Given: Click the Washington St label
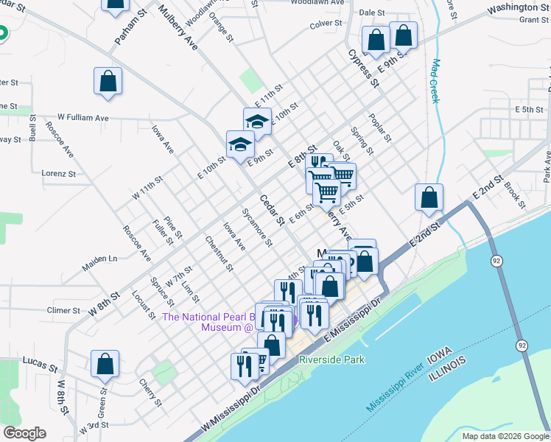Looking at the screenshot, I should click(x=518, y=7).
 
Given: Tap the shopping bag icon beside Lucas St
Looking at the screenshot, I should click(x=105, y=365).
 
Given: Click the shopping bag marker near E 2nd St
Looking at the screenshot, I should click(x=429, y=198).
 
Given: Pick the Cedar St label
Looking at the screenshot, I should click(x=270, y=209).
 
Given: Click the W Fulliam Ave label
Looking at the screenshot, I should click(x=83, y=117).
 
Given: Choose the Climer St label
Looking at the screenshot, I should click(x=63, y=310).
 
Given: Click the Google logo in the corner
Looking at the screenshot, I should click(x=24, y=433).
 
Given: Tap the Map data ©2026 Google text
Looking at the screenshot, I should click(x=505, y=436).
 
